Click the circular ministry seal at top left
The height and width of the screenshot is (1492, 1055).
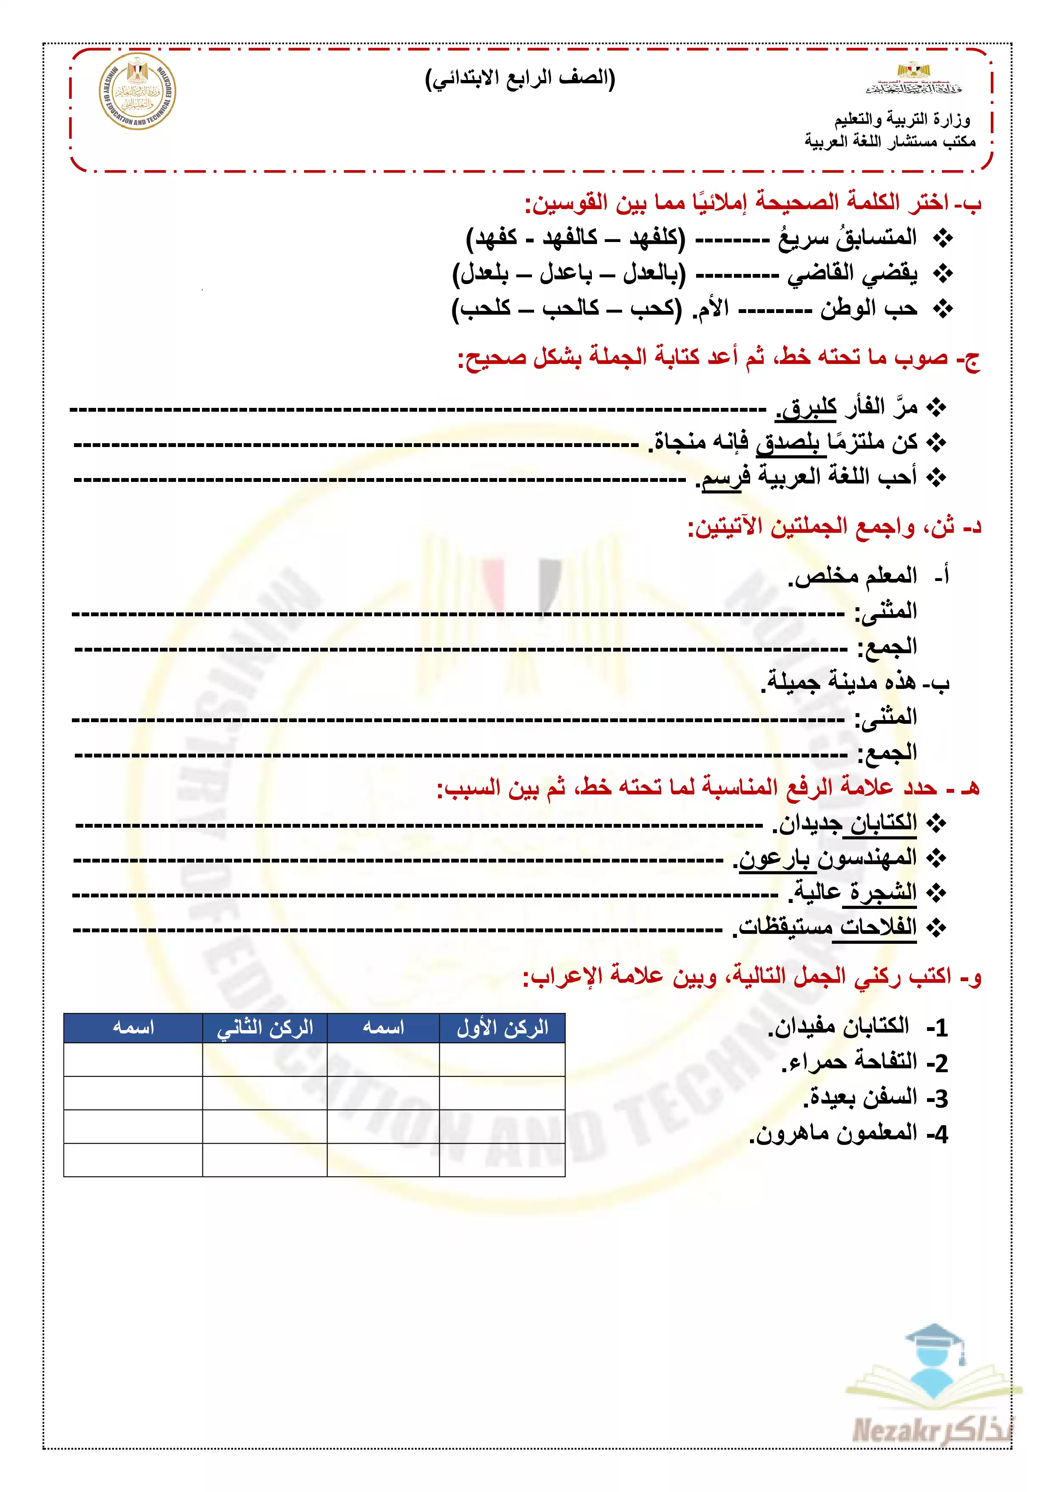137,91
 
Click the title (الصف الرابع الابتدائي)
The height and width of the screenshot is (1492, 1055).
520,79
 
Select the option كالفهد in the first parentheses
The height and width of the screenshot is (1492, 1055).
570,238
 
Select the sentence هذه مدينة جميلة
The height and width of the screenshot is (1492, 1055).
841,682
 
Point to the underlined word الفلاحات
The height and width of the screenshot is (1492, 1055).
878,927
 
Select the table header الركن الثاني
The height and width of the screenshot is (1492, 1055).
264,1028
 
